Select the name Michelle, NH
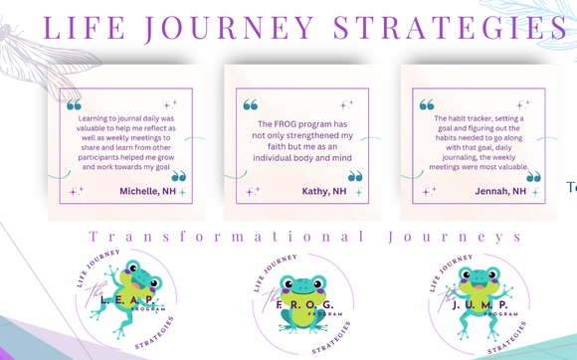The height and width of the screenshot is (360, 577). (x=146, y=191)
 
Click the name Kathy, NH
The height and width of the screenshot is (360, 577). (x=324, y=191)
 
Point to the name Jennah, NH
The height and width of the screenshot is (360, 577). (x=500, y=191)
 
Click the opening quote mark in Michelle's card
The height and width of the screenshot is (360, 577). (x=74, y=104)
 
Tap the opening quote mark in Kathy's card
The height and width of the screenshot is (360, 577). (x=251, y=104)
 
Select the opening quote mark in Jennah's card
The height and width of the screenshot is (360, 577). (x=427, y=104)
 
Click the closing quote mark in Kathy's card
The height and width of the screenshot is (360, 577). (x=355, y=177)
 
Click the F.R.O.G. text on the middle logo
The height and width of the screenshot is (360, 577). (x=302, y=304)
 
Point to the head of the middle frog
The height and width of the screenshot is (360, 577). (x=299, y=288)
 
